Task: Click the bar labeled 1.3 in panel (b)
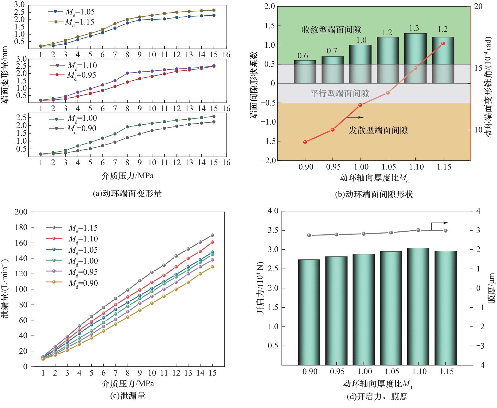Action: [x=415, y=58]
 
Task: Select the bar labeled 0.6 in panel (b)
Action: [x=305, y=72]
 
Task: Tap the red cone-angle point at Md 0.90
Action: [x=305, y=142]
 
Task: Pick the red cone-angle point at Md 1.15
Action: [x=443, y=44]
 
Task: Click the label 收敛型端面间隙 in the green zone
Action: [x=331, y=30]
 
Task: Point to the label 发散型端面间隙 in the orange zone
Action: [x=378, y=130]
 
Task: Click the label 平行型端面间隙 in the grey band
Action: [x=339, y=93]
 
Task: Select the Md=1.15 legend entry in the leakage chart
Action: [x=72, y=228]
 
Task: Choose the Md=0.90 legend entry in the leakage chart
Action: [x=72, y=283]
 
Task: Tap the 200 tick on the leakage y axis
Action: [x=21, y=212]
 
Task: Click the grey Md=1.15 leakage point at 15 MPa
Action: [x=212, y=235]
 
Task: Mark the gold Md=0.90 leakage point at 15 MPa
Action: [x=212, y=267]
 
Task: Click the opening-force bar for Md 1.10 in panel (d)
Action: [x=418, y=306]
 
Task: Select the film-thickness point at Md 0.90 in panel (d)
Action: [x=309, y=235]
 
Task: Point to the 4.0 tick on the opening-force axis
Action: [x=273, y=211]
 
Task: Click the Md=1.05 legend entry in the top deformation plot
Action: [x=71, y=12]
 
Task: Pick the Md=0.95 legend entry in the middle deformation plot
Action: [x=73, y=75]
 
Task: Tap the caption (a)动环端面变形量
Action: [x=127, y=194]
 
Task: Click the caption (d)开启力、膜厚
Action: [x=377, y=397]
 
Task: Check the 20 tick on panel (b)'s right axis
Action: [x=478, y=7]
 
